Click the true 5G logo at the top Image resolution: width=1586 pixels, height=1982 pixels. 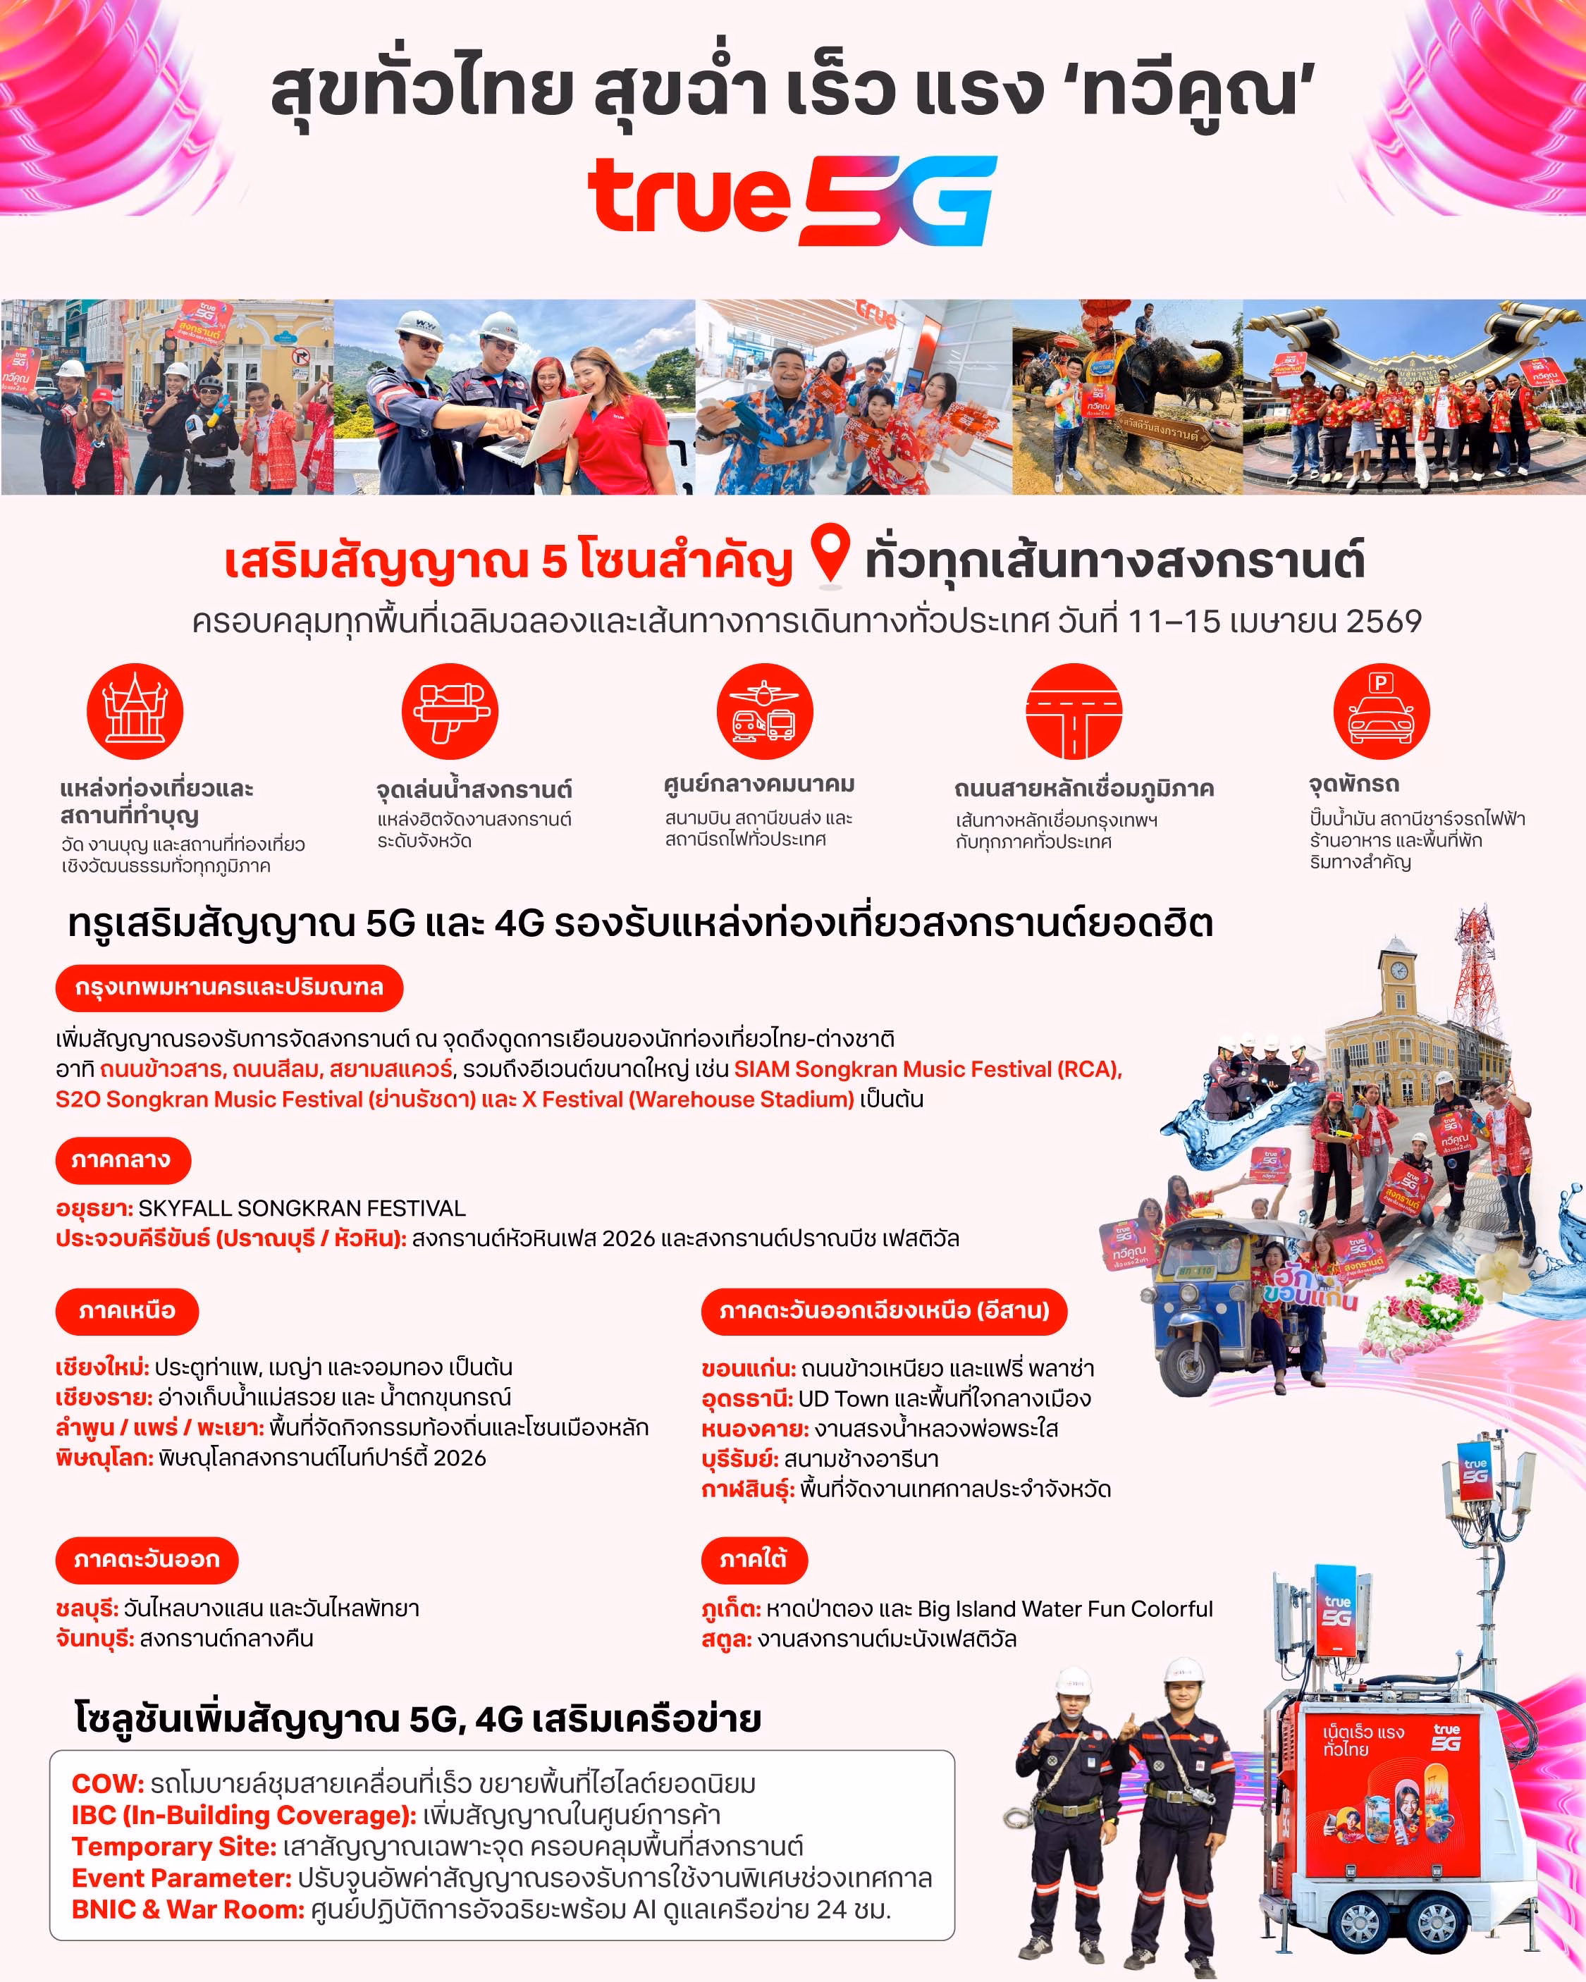792,200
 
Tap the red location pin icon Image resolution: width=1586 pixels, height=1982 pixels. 830,553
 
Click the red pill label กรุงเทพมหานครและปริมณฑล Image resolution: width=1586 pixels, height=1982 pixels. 229,987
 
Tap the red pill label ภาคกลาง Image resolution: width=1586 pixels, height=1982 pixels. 123,1160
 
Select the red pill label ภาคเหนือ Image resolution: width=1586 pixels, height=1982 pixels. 127,1311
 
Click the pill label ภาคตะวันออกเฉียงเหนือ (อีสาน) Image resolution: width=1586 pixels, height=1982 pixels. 883,1311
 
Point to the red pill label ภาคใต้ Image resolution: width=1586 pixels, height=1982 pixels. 754,1560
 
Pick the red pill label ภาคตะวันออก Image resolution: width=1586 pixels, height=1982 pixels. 147,1560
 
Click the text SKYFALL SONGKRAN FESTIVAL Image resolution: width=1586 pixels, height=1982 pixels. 302,1208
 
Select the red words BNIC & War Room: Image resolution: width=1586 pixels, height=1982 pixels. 188,1909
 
